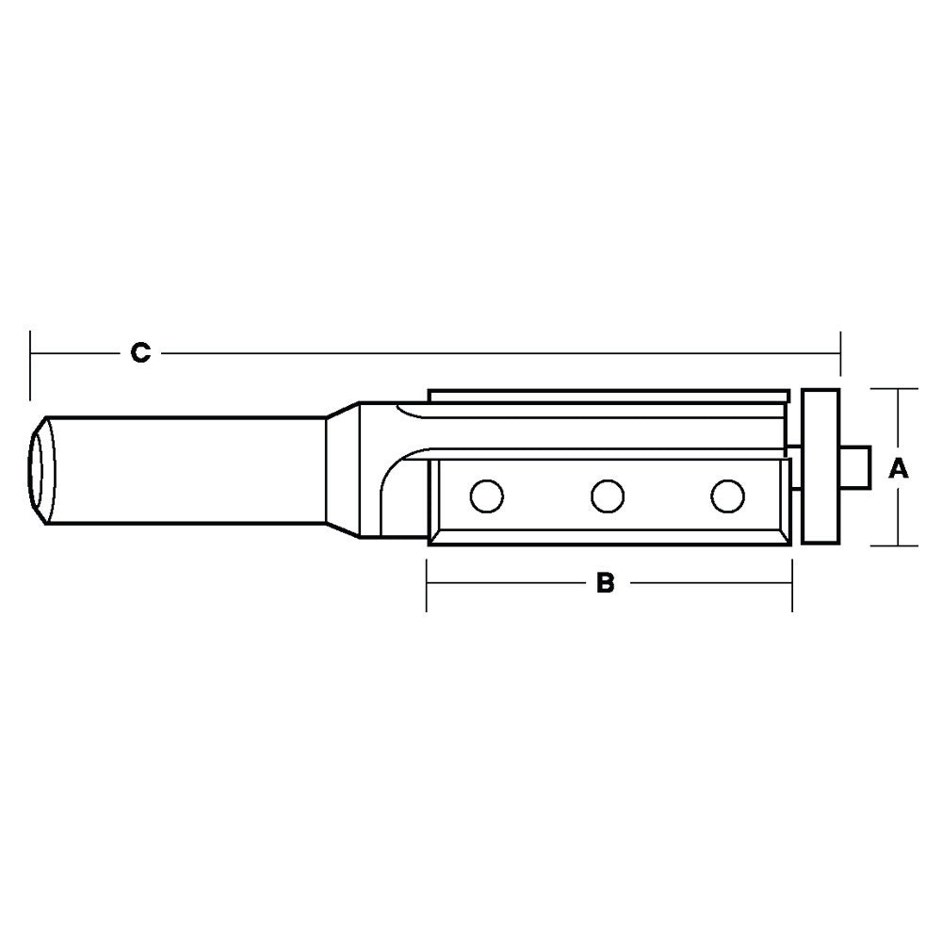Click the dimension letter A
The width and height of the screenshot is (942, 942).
900,467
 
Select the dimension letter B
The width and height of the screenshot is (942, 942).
606,583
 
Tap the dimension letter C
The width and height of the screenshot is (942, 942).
139,353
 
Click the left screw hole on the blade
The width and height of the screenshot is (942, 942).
487,495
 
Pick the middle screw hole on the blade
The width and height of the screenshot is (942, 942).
607,495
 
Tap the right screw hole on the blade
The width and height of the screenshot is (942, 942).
725,495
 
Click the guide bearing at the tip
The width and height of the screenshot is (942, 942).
820,466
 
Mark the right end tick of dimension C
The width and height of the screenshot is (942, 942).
840,353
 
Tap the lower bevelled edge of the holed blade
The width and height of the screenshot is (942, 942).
608,537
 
